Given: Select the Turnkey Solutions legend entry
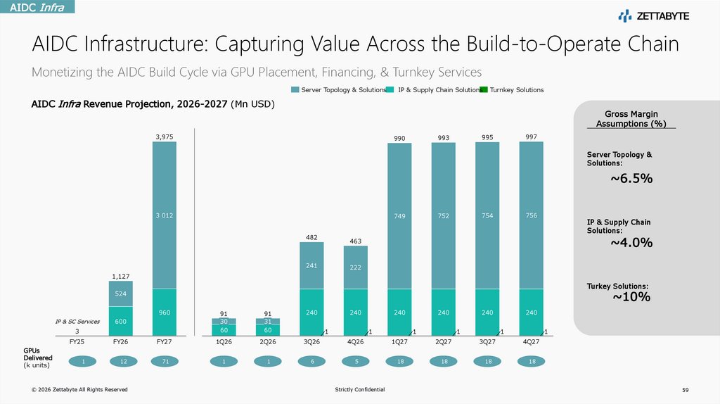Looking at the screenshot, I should [516, 90].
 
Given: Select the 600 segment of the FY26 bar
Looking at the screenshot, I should [120, 321].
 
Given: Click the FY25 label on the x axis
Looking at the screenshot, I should [77, 341].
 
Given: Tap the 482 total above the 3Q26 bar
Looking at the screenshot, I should [311, 237].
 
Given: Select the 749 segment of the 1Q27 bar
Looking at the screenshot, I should [399, 217].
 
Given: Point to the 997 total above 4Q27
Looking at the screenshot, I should [532, 136].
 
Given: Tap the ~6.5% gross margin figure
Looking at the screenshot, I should [631, 179].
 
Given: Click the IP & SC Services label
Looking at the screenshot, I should [77, 321].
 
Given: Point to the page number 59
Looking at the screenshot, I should [686, 390].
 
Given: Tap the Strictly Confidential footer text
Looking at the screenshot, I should [360, 390].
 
